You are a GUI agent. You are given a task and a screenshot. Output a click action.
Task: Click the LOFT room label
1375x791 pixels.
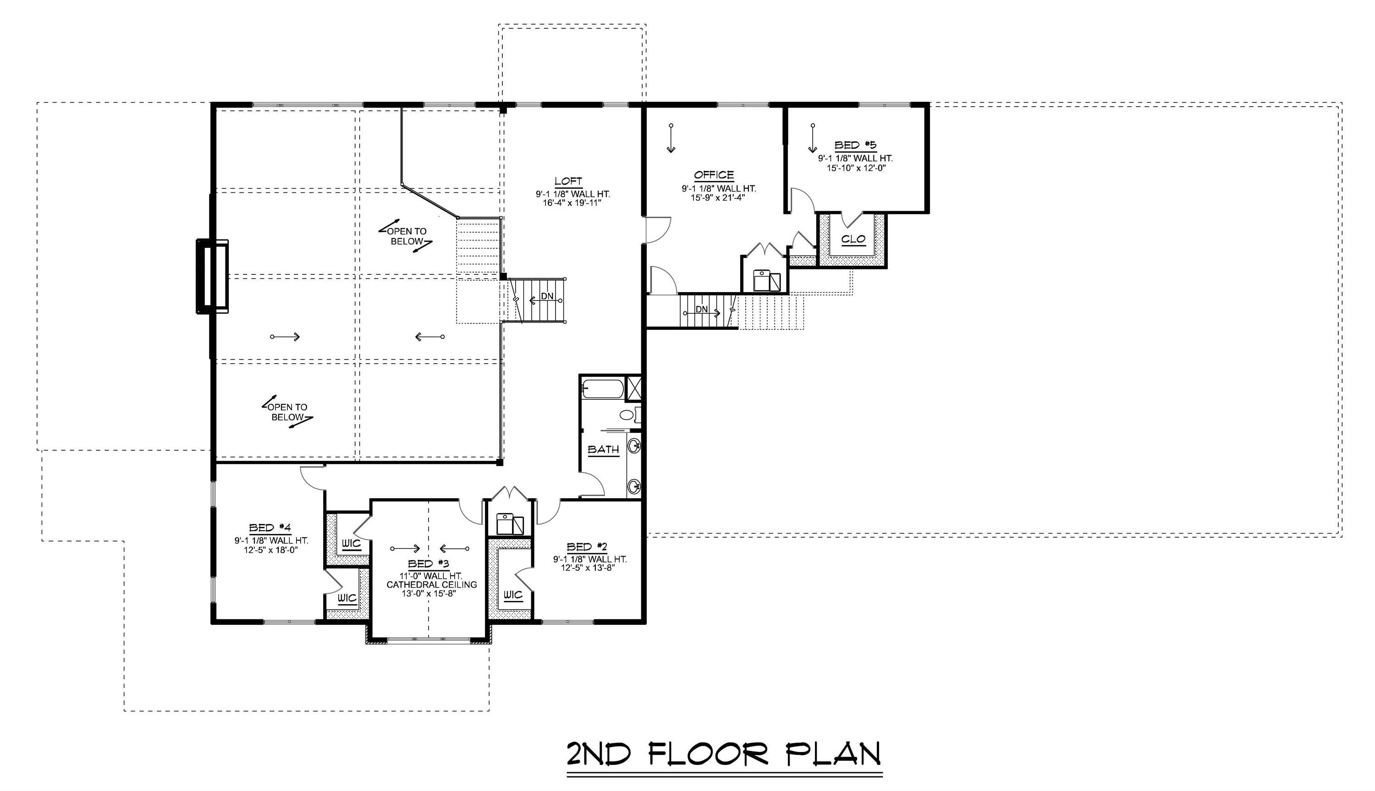pos(568,181)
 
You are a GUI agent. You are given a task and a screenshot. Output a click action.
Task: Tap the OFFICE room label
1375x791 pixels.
pos(714,175)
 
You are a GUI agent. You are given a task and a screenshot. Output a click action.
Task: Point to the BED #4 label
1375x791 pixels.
pos(270,528)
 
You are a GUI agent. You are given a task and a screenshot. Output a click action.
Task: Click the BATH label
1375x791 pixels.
pos(603,450)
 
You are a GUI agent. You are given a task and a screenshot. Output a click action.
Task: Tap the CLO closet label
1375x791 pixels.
pos(853,239)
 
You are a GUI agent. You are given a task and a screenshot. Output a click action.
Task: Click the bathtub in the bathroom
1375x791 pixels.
pos(603,389)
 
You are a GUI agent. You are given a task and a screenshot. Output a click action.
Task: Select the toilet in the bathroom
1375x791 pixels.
pos(630,415)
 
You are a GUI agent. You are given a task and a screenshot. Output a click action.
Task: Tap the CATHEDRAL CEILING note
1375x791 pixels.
pos(432,584)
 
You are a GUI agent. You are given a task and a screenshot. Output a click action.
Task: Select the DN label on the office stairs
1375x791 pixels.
pos(702,309)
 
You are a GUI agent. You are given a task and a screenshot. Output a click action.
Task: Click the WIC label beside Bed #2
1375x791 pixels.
pos(512,595)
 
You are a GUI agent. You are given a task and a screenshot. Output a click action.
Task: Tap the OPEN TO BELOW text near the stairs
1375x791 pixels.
pos(407,236)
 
